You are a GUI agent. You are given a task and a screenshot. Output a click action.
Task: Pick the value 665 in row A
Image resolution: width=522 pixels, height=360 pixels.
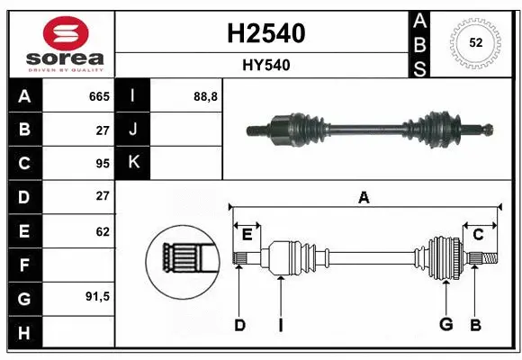click(x=98, y=96)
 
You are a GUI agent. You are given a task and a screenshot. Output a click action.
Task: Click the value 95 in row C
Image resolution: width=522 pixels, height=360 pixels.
click(x=102, y=163)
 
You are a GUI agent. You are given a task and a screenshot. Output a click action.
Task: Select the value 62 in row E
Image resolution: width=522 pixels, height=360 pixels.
click(x=102, y=231)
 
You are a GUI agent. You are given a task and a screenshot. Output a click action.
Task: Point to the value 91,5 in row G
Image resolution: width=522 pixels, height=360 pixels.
click(x=97, y=296)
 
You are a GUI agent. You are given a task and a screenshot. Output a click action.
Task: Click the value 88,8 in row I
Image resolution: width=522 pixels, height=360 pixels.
click(x=205, y=96)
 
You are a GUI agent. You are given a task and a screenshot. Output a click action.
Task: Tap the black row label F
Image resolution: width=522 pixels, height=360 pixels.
click(x=24, y=265)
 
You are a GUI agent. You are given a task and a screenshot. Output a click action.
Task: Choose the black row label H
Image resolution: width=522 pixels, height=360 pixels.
click(x=24, y=332)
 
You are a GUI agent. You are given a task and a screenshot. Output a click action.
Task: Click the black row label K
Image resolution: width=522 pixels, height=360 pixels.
click(x=134, y=163)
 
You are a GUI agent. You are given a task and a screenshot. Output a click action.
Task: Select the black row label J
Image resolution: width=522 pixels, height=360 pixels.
click(x=134, y=130)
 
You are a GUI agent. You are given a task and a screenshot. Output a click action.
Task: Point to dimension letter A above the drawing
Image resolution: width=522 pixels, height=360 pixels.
click(x=364, y=198)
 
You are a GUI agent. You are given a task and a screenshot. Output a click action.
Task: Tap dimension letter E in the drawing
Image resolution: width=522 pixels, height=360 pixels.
click(x=247, y=235)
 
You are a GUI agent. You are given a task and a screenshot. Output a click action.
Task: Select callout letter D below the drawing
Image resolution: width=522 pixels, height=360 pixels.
click(x=239, y=325)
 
